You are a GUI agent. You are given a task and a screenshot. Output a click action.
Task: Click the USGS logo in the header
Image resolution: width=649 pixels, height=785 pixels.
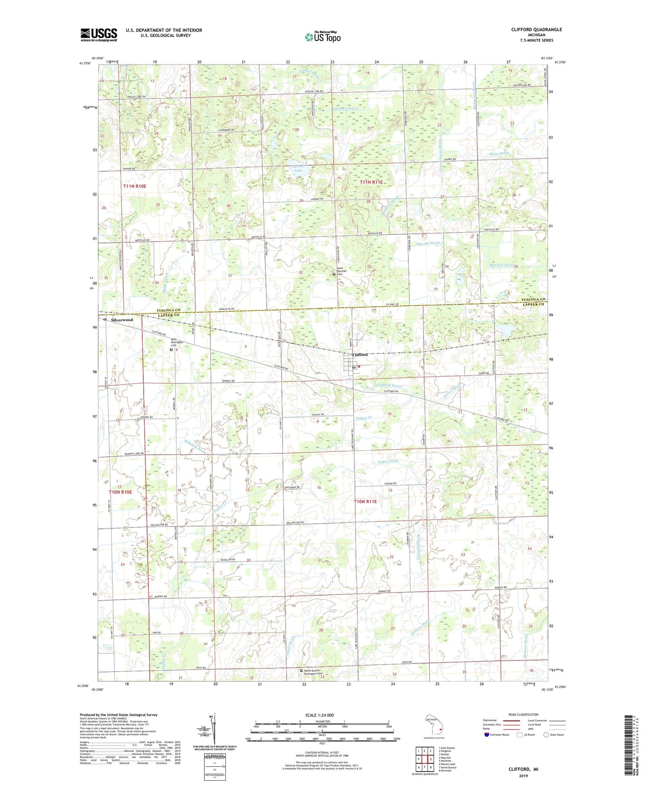[99, 35]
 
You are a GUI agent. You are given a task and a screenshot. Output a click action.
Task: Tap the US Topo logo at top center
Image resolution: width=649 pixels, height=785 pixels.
[322, 37]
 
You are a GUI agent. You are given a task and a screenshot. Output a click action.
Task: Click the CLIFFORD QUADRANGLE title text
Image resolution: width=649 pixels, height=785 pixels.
[537, 29]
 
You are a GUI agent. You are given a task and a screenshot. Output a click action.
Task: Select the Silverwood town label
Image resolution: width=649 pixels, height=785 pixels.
[122, 320]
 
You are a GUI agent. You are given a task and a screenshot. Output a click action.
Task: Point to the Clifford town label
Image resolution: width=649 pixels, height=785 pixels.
[360, 355]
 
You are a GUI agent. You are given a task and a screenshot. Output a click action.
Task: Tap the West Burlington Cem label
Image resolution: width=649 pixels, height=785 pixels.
[177, 342]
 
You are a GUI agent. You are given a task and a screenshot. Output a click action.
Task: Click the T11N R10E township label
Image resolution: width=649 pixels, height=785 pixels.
[135, 186]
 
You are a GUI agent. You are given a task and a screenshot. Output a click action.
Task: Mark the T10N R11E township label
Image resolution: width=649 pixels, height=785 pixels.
[366, 501]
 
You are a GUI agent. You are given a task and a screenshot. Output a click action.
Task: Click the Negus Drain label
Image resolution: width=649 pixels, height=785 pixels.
[388, 462]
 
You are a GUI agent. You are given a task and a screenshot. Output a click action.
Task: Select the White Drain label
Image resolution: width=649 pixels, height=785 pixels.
[498, 154]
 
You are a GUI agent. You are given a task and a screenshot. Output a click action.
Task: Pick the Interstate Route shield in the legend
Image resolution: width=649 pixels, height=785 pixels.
[486, 735]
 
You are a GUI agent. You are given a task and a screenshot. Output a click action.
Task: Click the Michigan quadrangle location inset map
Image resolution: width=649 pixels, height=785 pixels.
[434, 724]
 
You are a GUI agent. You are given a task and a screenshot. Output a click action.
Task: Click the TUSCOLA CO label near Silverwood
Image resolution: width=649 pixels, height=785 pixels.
[170, 311]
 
